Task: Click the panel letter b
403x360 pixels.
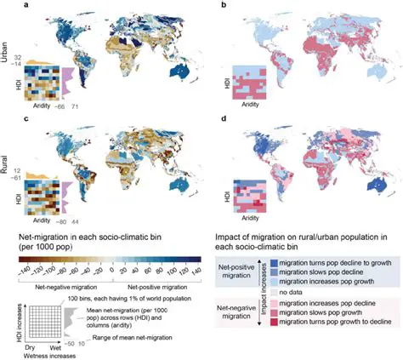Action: point(222,8)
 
